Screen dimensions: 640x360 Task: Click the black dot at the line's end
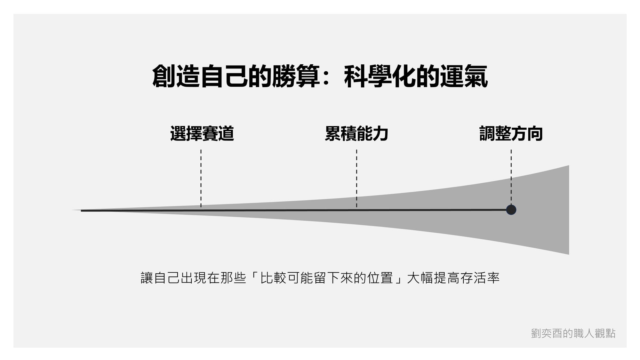511,210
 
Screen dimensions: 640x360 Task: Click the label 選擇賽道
202,134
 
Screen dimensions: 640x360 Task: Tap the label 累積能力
356,134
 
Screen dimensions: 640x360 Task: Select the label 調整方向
511,134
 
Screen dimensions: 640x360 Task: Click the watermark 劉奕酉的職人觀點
573,333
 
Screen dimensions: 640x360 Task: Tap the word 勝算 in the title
296,76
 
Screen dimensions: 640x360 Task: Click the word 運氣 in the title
464,76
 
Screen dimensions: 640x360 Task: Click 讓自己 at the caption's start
160,278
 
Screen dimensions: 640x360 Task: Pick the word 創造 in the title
176,76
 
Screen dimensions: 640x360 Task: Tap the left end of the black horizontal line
82,211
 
